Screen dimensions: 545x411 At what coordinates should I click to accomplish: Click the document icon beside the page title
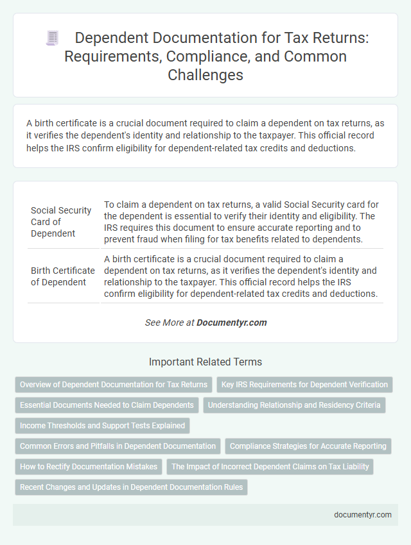(x=52, y=38)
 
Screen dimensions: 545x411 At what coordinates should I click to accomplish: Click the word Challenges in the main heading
(x=205, y=75)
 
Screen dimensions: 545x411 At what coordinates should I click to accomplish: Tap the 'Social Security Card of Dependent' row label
(x=62, y=222)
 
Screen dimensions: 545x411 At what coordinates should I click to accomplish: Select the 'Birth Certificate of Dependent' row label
(x=63, y=276)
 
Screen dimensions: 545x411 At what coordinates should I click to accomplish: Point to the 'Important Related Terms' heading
(x=205, y=362)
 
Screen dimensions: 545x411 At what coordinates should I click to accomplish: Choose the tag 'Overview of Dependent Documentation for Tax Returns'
(x=114, y=385)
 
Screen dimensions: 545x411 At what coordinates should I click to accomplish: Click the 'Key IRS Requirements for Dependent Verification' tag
(x=304, y=385)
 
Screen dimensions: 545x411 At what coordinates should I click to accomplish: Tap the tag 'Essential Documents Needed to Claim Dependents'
(x=107, y=405)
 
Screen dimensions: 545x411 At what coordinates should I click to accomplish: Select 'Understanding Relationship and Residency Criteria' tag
(x=294, y=405)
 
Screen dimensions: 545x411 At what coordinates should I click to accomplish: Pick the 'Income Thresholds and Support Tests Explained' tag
(x=102, y=426)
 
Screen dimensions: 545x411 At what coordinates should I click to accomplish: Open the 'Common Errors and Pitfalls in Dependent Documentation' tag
(x=118, y=446)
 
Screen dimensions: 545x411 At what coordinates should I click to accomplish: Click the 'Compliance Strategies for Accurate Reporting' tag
(x=308, y=446)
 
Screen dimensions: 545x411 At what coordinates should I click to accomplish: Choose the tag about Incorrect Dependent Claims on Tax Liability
(x=270, y=467)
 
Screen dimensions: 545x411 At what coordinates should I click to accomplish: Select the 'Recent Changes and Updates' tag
(x=131, y=487)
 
